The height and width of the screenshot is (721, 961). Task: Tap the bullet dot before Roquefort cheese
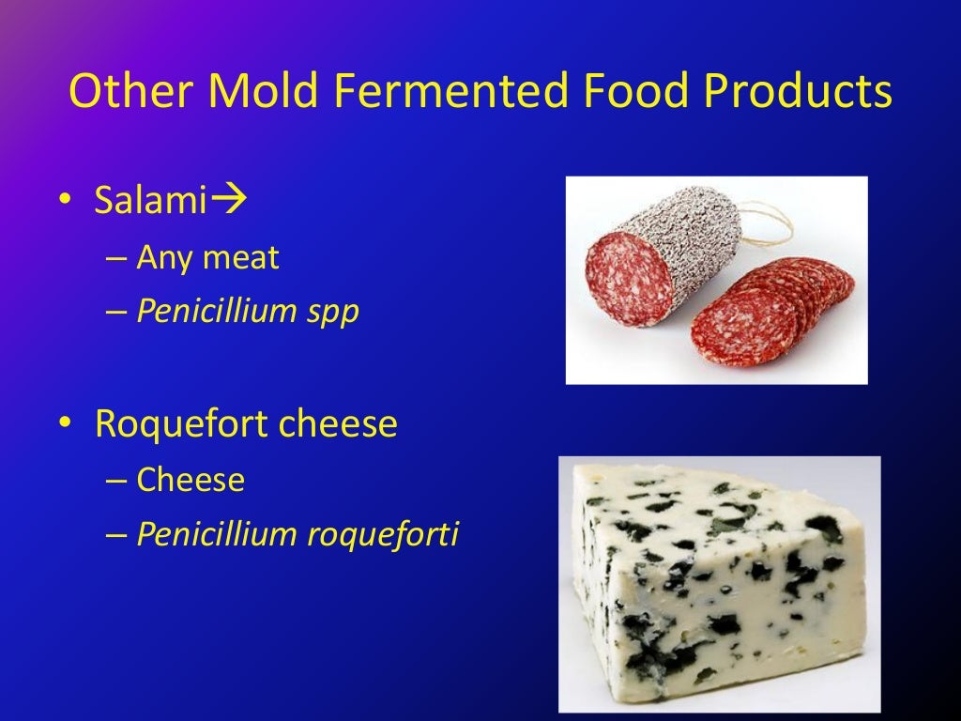click(63, 426)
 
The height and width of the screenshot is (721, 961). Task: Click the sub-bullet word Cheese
click(191, 481)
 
